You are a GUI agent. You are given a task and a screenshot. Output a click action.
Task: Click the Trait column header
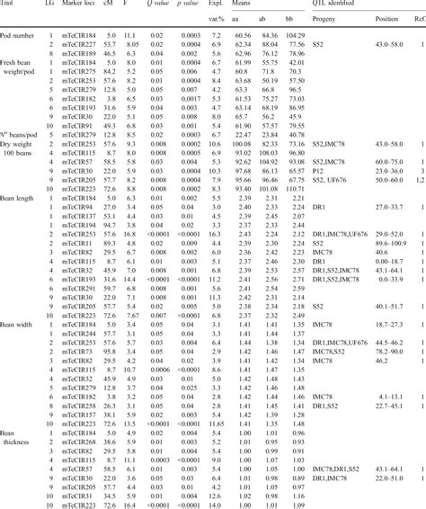pyautogui.click(x=12, y=4)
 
